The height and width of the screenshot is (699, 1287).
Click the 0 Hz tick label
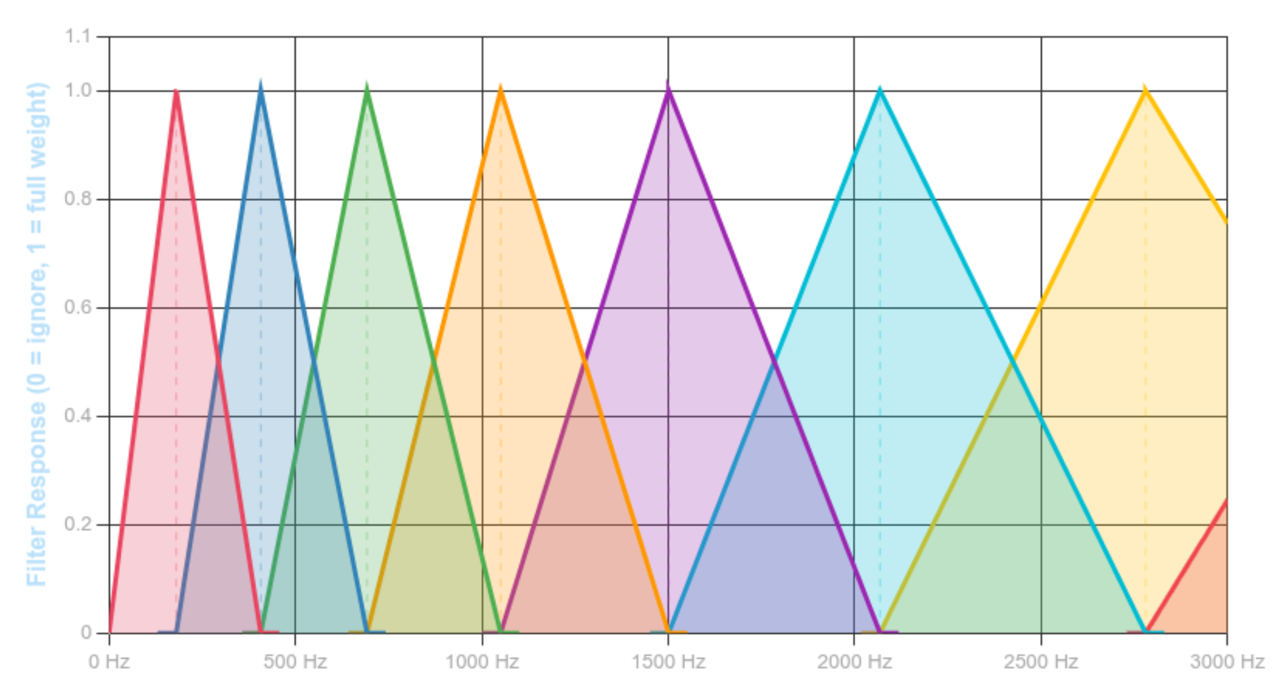(x=109, y=661)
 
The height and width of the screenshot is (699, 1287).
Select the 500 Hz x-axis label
(x=295, y=661)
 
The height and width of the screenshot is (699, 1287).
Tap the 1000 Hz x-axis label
(x=482, y=661)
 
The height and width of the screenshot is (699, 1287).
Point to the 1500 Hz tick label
(x=668, y=661)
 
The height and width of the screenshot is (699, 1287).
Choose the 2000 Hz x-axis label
(x=855, y=661)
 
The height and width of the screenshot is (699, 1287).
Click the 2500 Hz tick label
(x=1041, y=661)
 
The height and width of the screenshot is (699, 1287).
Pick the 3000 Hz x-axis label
(x=1227, y=661)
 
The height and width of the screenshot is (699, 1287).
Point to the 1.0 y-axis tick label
(x=77, y=91)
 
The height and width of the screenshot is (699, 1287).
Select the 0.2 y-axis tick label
(x=77, y=525)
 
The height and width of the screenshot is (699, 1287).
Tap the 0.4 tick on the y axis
(x=77, y=416)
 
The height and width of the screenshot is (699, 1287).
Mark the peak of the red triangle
(x=177, y=90)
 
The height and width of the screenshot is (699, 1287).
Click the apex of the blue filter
(x=261, y=78)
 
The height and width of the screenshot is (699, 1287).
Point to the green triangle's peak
(x=366, y=81)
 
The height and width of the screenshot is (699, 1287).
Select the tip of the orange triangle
(x=500, y=82)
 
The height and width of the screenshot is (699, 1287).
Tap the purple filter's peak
(x=668, y=80)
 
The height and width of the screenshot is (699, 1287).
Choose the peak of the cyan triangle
(x=880, y=85)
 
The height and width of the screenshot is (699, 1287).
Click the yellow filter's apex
(x=1144, y=84)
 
